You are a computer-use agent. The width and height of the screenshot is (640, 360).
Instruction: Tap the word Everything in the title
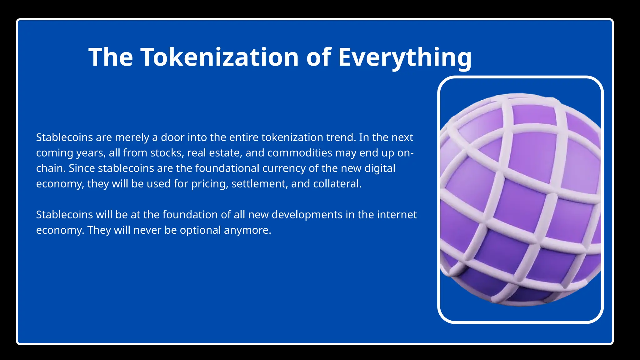click(x=405, y=57)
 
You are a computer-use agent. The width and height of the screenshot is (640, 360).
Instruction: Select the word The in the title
click(x=111, y=57)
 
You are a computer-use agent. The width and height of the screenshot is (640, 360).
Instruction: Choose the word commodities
click(x=300, y=153)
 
